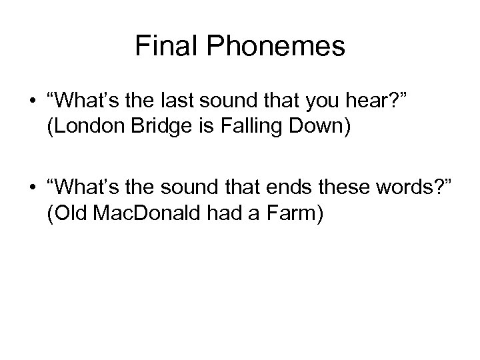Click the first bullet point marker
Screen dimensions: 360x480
tap(32, 103)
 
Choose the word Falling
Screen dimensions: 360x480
tap(249, 129)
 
